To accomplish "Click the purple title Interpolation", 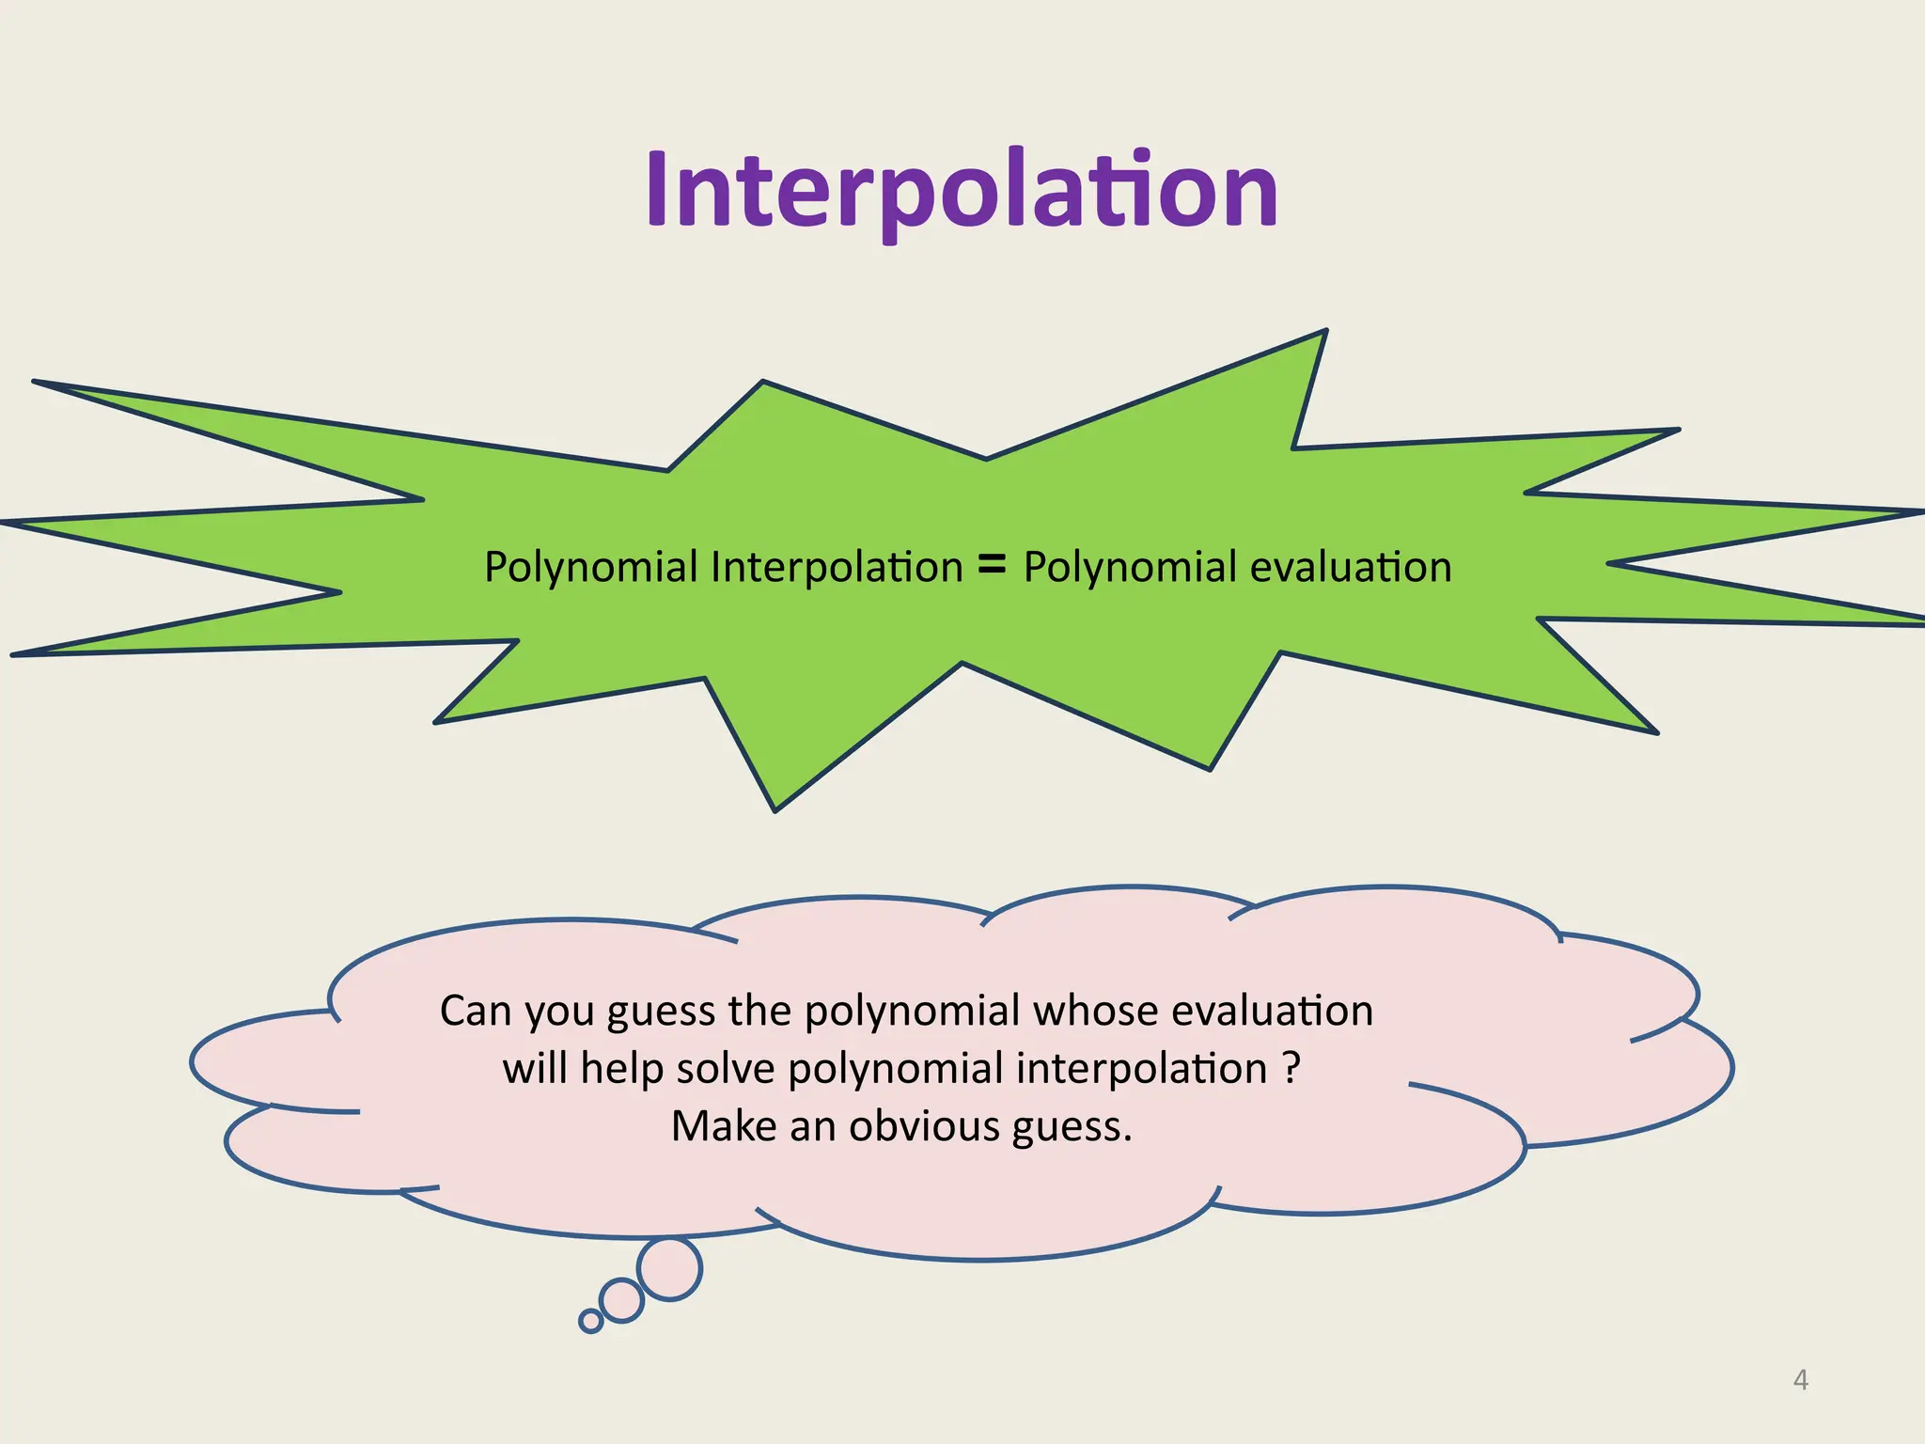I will [x=961, y=191].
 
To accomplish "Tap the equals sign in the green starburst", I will [x=992, y=565].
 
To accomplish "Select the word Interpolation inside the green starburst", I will [x=837, y=568].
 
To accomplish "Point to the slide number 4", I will [x=1800, y=1380].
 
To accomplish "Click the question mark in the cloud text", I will [x=1291, y=1069].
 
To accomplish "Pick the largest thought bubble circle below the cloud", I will [x=669, y=1269].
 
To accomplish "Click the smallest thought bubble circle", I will [x=590, y=1321].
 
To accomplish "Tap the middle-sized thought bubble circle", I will [x=621, y=1301].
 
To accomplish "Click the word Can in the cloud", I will [x=476, y=1012].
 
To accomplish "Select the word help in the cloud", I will [x=622, y=1069].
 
